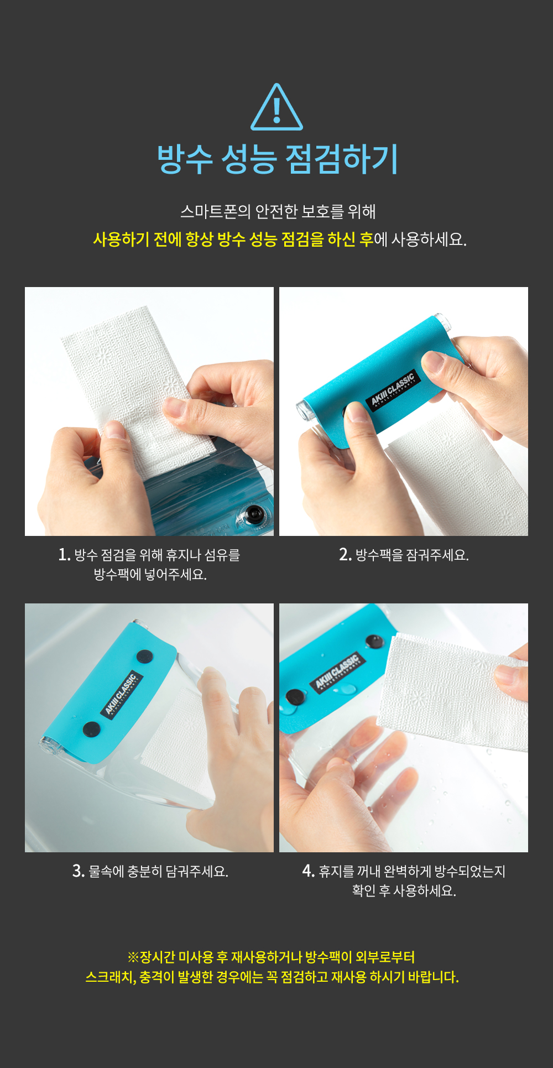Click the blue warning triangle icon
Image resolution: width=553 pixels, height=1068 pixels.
276,108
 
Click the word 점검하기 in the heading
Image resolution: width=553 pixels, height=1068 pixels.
341,159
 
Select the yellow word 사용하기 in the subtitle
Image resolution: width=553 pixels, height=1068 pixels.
121,239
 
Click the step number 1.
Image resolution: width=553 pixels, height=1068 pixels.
64,554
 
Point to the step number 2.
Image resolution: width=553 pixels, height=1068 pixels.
345,554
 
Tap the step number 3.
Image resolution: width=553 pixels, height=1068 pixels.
78,871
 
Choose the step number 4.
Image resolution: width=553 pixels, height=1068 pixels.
308,871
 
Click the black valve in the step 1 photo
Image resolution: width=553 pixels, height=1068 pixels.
254,514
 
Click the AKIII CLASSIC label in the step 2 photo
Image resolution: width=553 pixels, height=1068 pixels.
393,391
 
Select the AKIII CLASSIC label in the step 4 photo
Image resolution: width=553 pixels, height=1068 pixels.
337,673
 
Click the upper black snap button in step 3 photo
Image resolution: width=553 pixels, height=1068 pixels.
145,658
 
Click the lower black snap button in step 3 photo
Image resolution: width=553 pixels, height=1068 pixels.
91,730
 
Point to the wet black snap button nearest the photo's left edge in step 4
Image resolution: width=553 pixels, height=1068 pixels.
294,697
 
